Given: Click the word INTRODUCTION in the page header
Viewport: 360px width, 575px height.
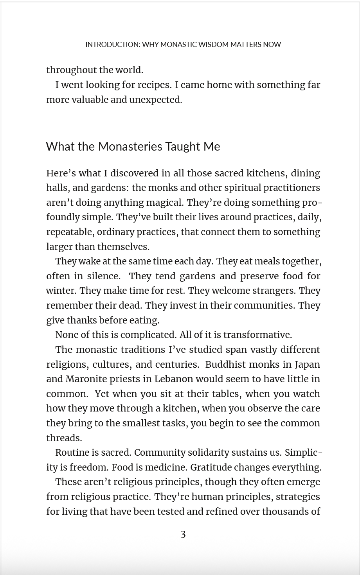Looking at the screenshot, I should [112, 45].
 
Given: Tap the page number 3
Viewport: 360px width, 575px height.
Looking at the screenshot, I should [183, 534].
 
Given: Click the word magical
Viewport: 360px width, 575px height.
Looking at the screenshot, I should [164, 203].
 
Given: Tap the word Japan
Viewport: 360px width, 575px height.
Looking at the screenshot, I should [307, 365].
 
